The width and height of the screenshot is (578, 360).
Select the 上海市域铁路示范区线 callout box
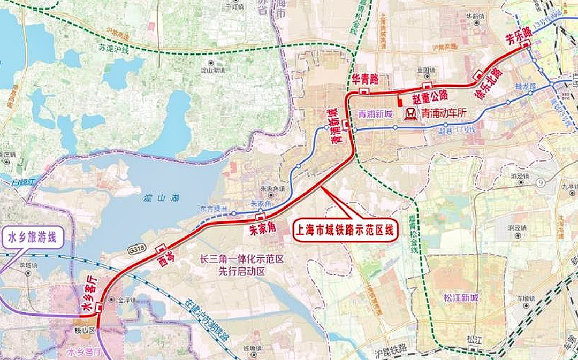coord(345,231)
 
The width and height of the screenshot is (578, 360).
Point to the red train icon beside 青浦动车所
coord(411,113)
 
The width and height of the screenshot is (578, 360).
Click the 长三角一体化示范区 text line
coord(241,258)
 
